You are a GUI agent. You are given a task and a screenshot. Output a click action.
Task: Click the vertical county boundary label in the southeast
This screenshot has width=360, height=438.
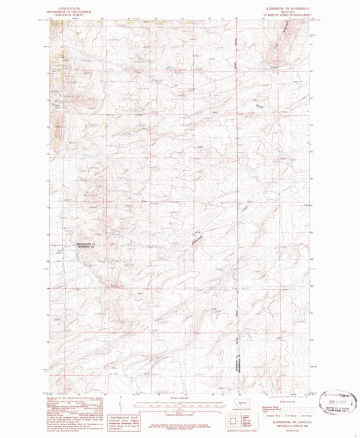(x=237, y=364)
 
